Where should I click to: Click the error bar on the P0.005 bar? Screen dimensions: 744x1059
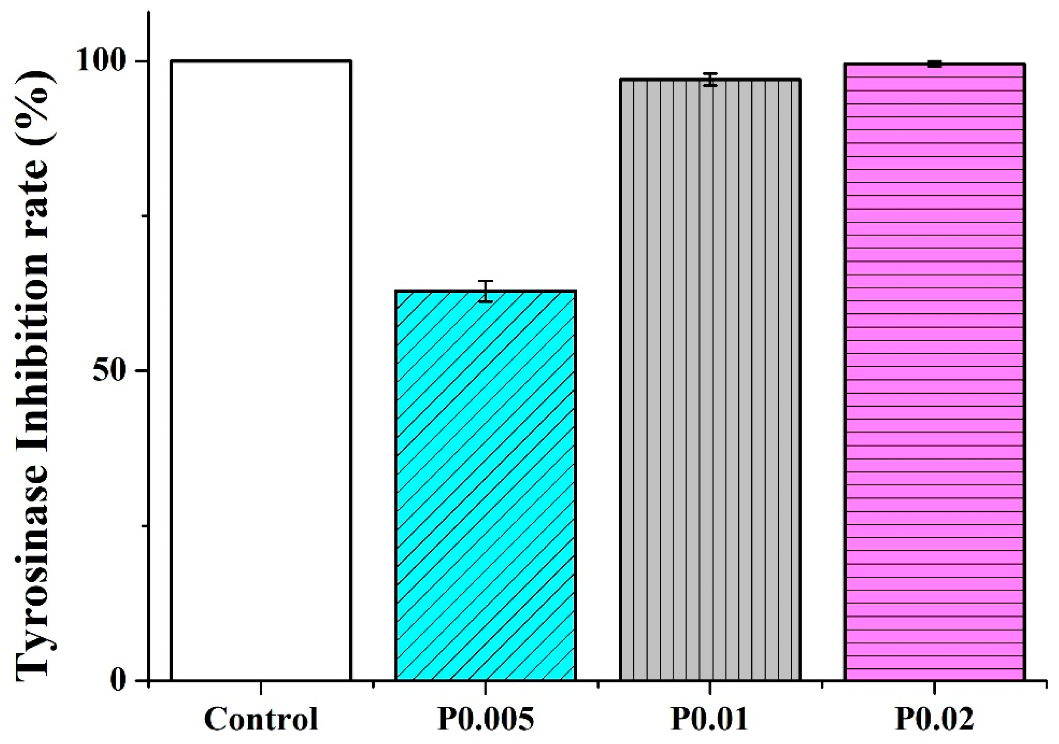pyautogui.click(x=486, y=291)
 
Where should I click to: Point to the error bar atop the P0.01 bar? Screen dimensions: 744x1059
pyautogui.click(x=710, y=80)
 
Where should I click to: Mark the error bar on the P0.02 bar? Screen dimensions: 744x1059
pyautogui.click(x=934, y=64)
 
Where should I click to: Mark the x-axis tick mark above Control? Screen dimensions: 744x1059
pyautogui.click(x=261, y=688)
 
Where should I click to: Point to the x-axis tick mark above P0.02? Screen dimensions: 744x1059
pyautogui.click(x=934, y=688)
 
